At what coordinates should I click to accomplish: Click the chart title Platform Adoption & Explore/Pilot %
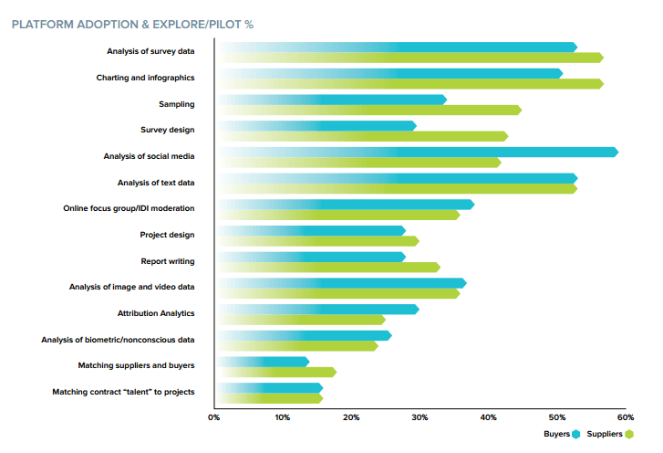click(x=132, y=24)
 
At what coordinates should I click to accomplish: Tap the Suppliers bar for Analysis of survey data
click(x=410, y=58)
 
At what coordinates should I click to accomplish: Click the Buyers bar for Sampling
click(x=333, y=100)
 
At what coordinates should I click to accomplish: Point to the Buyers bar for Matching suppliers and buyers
click(x=264, y=362)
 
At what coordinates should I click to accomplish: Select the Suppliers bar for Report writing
click(x=329, y=268)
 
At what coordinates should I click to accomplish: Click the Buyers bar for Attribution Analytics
click(x=319, y=309)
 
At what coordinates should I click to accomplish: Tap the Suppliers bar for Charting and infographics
click(x=410, y=84)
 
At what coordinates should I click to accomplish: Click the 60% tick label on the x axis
click(x=625, y=417)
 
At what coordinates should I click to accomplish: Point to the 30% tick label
click(x=419, y=417)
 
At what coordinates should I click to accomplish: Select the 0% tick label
click(x=213, y=417)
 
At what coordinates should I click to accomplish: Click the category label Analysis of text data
click(x=156, y=183)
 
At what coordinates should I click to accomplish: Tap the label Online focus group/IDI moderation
click(x=128, y=208)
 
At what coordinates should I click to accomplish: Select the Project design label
click(x=167, y=235)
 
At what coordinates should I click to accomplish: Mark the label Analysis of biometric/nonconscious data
click(x=118, y=340)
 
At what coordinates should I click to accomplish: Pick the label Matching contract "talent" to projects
click(x=123, y=392)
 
